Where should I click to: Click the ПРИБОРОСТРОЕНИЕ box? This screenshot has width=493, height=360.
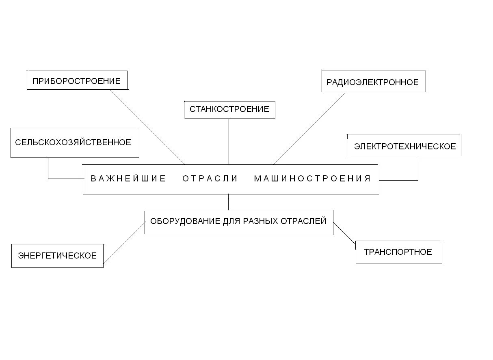pyautogui.click(x=76, y=81)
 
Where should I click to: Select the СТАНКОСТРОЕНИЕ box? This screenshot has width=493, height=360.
pyautogui.click(x=229, y=109)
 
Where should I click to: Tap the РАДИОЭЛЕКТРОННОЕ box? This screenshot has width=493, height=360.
pyautogui.click(x=373, y=82)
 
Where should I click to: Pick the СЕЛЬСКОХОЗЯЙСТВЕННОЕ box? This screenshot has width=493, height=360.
pyautogui.click(x=74, y=142)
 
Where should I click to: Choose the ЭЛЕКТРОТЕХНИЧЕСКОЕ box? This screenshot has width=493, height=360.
pyautogui.click(x=404, y=146)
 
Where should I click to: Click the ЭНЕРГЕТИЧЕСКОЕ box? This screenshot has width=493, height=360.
pyautogui.click(x=57, y=256)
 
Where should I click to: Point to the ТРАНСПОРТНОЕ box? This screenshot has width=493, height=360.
pyautogui.click(x=398, y=252)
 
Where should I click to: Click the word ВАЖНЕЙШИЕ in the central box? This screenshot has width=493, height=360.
pyautogui.click(x=128, y=179)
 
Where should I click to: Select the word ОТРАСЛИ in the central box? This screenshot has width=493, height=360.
pyautogui.click(x=210, y=179)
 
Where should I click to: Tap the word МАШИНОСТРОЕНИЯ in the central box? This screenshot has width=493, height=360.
pyautogui.click(x=312, y=179)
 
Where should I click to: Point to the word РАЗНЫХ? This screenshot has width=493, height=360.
pyautogui.click(x=261, y=221)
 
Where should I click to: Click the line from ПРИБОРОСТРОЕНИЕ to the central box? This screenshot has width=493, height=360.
pyautogui.click(x=147, y=127)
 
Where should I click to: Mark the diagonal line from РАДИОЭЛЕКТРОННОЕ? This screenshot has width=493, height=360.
pyautogui.click(x=309, y=129)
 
